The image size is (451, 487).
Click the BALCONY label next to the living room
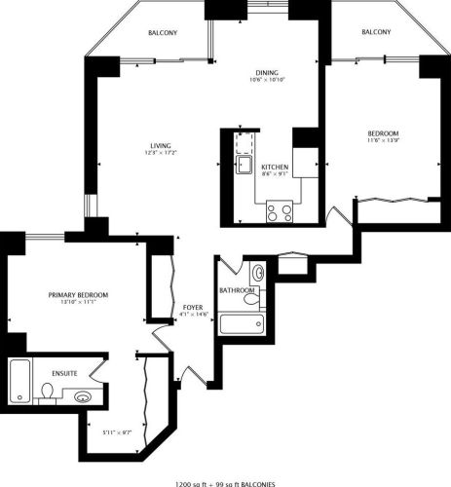[162, 33]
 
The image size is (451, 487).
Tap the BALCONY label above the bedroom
[376, 32]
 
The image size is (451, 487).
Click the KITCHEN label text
[274, 168]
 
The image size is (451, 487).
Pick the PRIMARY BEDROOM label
[78, 295]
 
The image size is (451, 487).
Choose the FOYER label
[192, 308]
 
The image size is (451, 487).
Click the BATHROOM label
[237, 290]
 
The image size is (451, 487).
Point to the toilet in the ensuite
[46, 392]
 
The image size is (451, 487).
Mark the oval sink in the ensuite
[83, 396]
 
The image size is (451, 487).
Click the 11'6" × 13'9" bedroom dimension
[383, 142]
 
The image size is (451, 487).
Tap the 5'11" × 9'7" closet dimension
[115, 430]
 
